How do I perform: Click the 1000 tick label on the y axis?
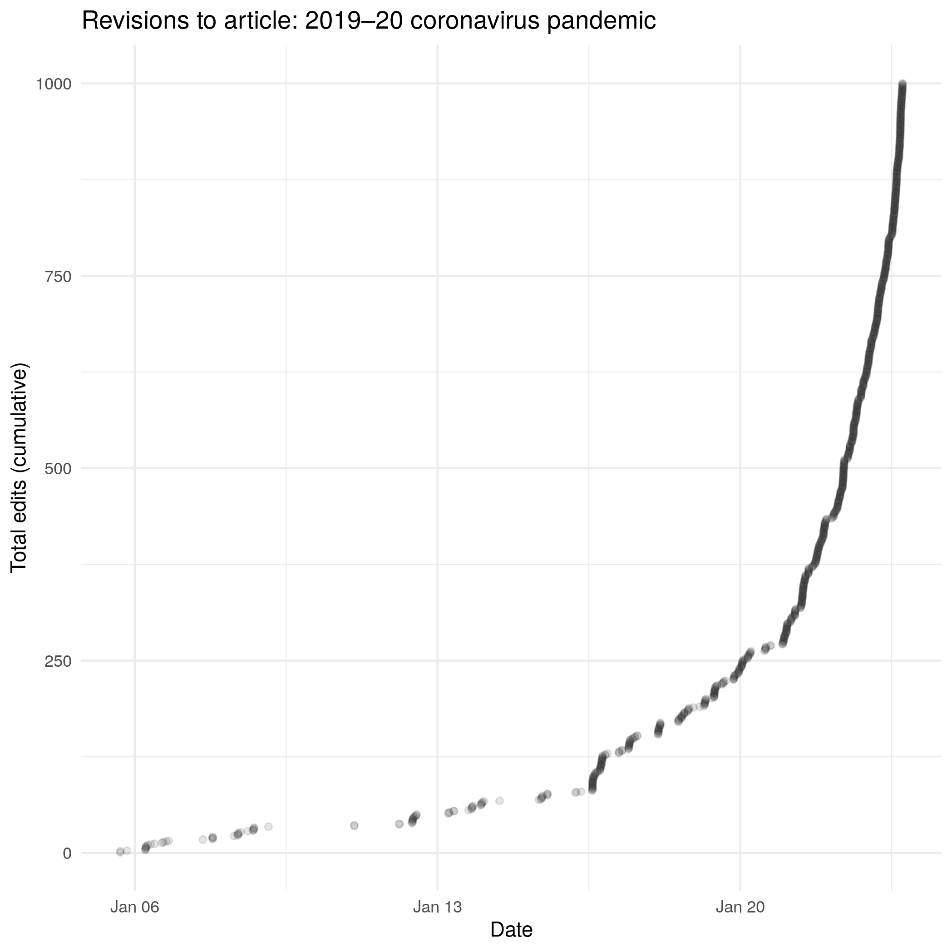pos(52,84)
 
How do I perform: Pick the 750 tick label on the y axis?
pos(58,277)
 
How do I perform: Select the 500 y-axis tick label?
pos(58,468)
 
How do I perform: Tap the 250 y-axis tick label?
pos(58,661)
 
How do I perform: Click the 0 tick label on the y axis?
pos(67,853)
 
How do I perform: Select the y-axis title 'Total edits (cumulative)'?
pos(20,468)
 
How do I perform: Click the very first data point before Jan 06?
pos(120,852)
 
